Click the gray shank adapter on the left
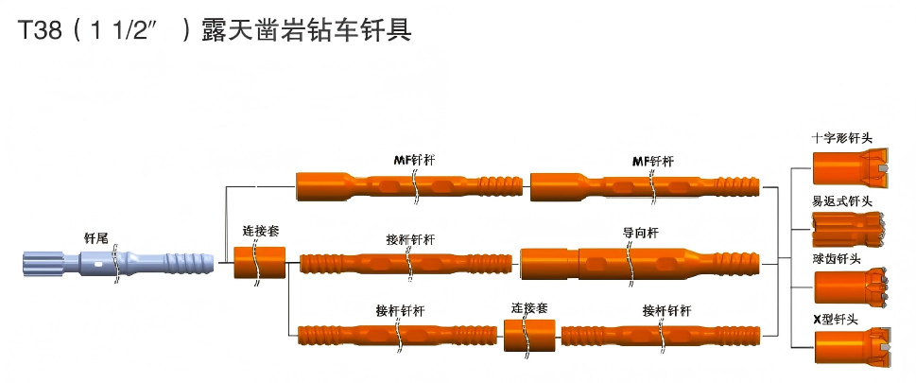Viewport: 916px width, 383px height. [113, 261]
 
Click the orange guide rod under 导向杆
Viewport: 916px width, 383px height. [640, 261]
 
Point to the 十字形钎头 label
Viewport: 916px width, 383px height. [842, 138]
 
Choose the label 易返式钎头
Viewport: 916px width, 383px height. [841, 201]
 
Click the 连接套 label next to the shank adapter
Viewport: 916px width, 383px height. [261, 230]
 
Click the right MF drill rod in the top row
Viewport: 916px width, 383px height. [645, 184]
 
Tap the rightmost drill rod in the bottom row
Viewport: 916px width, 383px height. [662, 336]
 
